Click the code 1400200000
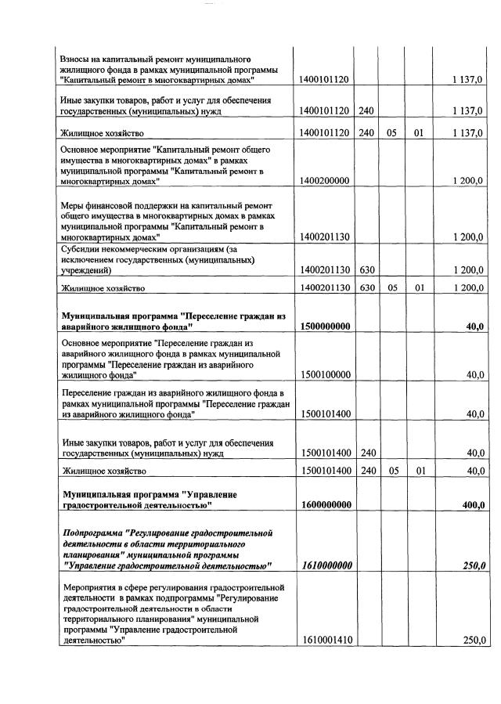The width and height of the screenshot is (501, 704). pos(324,181)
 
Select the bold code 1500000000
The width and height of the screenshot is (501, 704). pos(325,327)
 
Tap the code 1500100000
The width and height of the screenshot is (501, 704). pos(324,375)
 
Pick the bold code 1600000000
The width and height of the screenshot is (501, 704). pos(325,505)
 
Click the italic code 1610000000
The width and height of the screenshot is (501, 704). pos(325,565)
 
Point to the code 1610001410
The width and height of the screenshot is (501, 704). pos(324,640)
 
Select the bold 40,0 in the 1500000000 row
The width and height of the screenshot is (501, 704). pos(474,327)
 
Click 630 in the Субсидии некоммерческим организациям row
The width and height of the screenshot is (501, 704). pos(366,270)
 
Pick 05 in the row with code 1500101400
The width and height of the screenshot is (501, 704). pos(392,471)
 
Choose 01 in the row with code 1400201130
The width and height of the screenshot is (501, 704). pos(419,288)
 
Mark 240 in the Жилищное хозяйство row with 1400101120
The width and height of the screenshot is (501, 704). pos(366,133)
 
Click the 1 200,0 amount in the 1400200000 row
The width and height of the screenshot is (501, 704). pos(469,181)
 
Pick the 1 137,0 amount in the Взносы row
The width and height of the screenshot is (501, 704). pos(469,80)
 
